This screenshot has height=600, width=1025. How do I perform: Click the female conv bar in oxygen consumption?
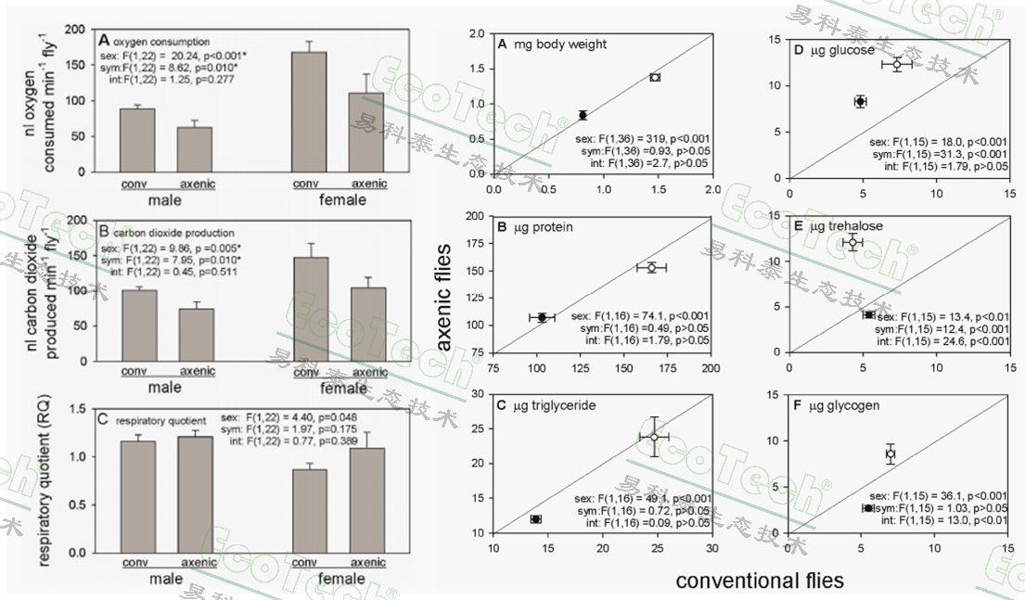(x=309, y=111)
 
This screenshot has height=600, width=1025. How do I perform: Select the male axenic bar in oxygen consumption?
(x=196, y=149)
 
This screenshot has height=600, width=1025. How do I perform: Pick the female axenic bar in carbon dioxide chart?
(x=368, y=324)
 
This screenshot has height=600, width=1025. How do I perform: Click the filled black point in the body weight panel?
(x=583, y=115)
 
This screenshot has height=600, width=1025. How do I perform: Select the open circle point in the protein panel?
(x=651, y=267)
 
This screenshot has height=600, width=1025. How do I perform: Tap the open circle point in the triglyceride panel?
(x=654, y=437)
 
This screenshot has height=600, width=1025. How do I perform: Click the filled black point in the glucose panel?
(x=860, y=101)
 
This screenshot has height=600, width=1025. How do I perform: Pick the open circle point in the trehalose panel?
(x=852, y=242)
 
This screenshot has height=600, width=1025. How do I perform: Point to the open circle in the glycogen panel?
(x=890, y=453)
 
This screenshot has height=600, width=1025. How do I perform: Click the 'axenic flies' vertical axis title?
(x=446, y=295)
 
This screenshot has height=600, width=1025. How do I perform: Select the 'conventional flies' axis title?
(x=760, y=581)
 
